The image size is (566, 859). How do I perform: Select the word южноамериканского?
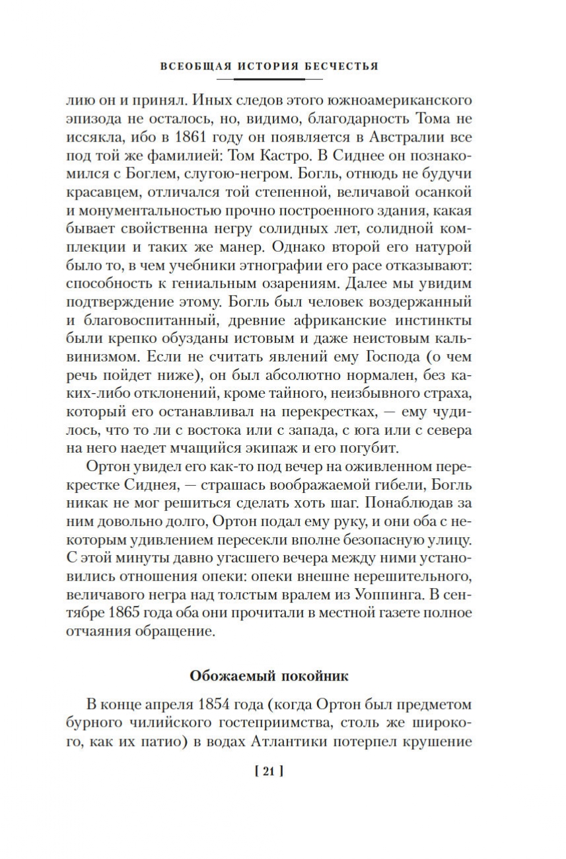[x=390, y=103]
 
